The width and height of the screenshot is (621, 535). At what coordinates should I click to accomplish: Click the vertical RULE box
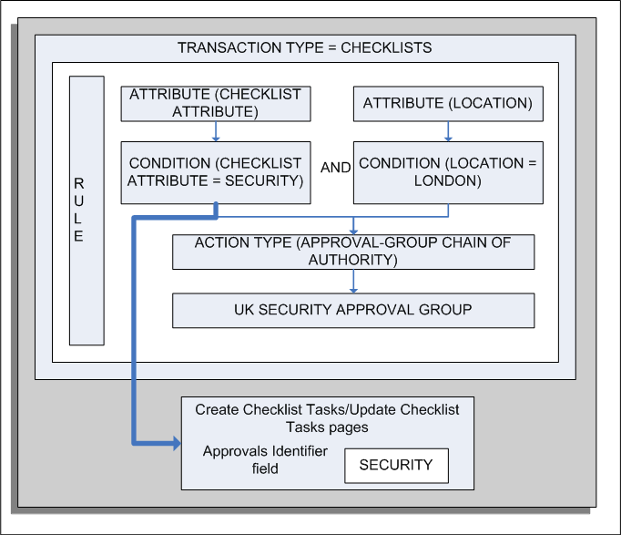tap(87, 210)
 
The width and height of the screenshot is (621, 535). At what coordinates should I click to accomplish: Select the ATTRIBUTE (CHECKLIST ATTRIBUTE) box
tap(215, 103)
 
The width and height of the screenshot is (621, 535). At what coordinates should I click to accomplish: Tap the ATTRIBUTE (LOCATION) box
tap(447, 103)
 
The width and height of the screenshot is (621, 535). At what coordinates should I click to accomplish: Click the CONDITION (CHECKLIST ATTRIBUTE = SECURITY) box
tap(215, 172)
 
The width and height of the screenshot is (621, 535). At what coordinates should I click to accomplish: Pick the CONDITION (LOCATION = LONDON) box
tap(447, 172)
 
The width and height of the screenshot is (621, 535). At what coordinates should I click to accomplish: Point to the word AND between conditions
tap(336, 168)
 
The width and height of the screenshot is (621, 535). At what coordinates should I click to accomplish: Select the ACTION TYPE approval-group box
tap(352, 252)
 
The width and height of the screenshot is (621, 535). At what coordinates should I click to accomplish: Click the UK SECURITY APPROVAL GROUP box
tap(352, 310)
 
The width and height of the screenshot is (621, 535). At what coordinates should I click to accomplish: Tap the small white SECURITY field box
tap(395, 465)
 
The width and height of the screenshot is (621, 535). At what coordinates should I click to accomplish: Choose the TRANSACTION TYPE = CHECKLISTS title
tap(304, 47)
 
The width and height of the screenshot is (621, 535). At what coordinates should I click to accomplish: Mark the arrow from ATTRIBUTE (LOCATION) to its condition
tap(447, 132)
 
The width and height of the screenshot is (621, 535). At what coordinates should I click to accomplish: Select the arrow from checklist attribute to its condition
tap(215, 132)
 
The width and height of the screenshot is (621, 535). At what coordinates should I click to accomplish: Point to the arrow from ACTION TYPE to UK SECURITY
tap(352, 282)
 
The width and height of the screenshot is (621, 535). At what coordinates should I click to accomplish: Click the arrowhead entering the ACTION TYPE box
tap(352, 230)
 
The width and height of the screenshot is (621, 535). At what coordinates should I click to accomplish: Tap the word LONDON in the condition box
tap(447, 180)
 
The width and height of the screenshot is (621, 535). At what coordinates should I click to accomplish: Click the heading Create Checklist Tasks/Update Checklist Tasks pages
tap(327, 417)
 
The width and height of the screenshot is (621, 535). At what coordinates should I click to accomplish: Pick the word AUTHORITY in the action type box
tap(352, 260)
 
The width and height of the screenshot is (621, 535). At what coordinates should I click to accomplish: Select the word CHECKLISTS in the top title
tap(386, 47)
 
